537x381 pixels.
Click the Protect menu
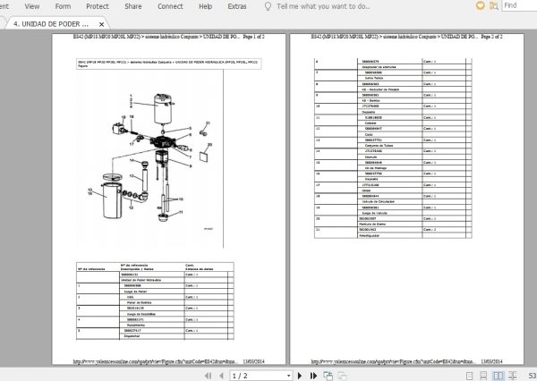tap(97, 5)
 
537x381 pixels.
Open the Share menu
tap(133, 5)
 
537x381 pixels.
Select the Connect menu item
tap(171, 5)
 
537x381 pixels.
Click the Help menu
tap(205, 5)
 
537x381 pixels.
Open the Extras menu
tap(237, 5)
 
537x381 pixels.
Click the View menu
tap(31, 5)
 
